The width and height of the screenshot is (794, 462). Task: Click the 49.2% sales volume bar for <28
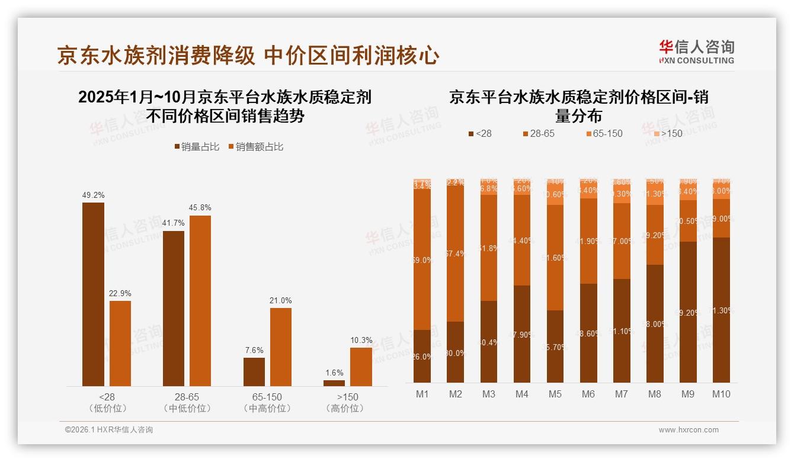(x=93, y=294)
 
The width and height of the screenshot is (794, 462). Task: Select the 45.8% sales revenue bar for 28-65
(x=200, y=301)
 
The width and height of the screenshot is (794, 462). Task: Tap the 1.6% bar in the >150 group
(x=334, y=383)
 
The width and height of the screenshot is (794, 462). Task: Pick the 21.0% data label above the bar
(x=281, y=301)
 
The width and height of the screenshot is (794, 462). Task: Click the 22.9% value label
(x=120, y=294)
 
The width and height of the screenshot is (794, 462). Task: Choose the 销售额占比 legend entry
(x=256, y=146)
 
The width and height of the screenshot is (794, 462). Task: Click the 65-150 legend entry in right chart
(x=604, y=133)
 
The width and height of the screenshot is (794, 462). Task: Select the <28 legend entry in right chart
(x=479, y=133)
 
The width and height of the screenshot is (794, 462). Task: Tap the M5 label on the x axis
(x=555, y=394)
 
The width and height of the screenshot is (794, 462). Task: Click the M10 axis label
(x=721, y=394)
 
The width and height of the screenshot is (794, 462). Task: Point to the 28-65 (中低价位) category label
(x=187, y=402)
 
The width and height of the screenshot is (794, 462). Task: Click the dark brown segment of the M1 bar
(x=422, y=356)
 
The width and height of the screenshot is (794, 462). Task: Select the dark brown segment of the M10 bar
(x=721, y=310)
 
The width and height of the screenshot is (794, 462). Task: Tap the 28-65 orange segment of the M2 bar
(x=455, y=254)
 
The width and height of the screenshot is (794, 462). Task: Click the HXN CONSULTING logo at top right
(x=696, y=52)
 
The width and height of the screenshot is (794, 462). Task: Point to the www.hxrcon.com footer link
(x=688, y=430)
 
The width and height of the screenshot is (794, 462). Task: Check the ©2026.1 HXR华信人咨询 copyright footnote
(x=109, y=430)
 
